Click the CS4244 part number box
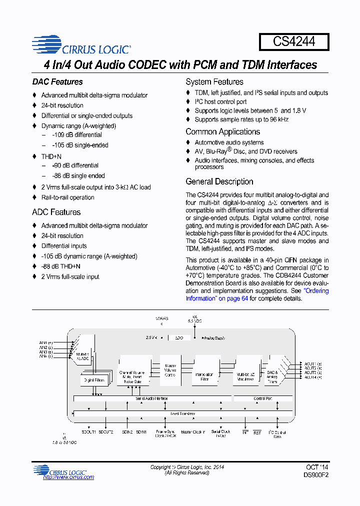(x=294, y=41)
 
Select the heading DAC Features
(x=57, y=82)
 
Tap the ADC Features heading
(x=56, y=212)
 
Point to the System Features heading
(x=214, y=82)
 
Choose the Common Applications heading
(x=222, y=132)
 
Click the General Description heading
(x=219, y=182)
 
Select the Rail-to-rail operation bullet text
(x=67, y=197)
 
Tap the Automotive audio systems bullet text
(x=229, y=142)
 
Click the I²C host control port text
(x=220, y=101)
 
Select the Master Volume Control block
(x=170, y=370)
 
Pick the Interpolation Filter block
(x=204, y=376)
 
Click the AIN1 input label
(x=46, y=343)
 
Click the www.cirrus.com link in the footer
(x=68, y=477)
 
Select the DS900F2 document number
(x=315, y=475)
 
